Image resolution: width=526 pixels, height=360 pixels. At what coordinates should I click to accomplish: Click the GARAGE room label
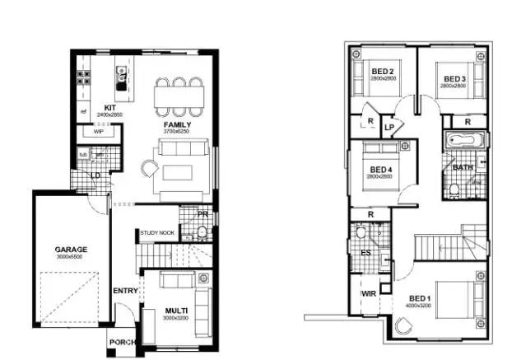coord(71,248)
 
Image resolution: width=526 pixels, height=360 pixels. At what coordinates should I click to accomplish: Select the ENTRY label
coord(125,290)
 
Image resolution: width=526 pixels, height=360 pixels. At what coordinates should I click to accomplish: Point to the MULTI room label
coord(176,311)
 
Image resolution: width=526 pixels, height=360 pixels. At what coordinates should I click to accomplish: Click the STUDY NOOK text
coord(157,233)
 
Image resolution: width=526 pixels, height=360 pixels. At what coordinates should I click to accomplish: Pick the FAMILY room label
coord(176,124)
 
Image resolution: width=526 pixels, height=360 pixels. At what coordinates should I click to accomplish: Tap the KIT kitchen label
coord(108,107)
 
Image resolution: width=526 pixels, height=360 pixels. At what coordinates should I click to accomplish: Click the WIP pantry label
coord(97,131)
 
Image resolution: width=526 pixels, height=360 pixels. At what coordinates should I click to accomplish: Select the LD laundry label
coord(95,174)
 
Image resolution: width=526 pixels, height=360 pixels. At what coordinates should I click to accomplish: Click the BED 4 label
coord(379,170)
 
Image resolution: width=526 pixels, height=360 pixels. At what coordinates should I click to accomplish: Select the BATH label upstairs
coord(463,166)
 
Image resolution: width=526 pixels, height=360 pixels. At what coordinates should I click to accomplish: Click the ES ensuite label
coord(365,253)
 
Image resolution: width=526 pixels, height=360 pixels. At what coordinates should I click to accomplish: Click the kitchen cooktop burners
coord(84,77)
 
